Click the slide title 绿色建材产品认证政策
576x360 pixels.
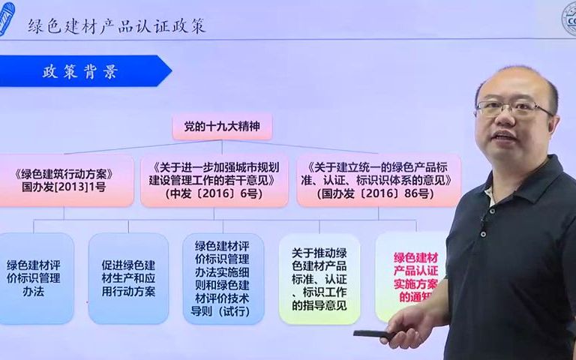click(116, 25)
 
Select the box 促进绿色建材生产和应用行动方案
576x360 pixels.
click(128, 278)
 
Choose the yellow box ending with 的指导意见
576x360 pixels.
click(319, 278)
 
